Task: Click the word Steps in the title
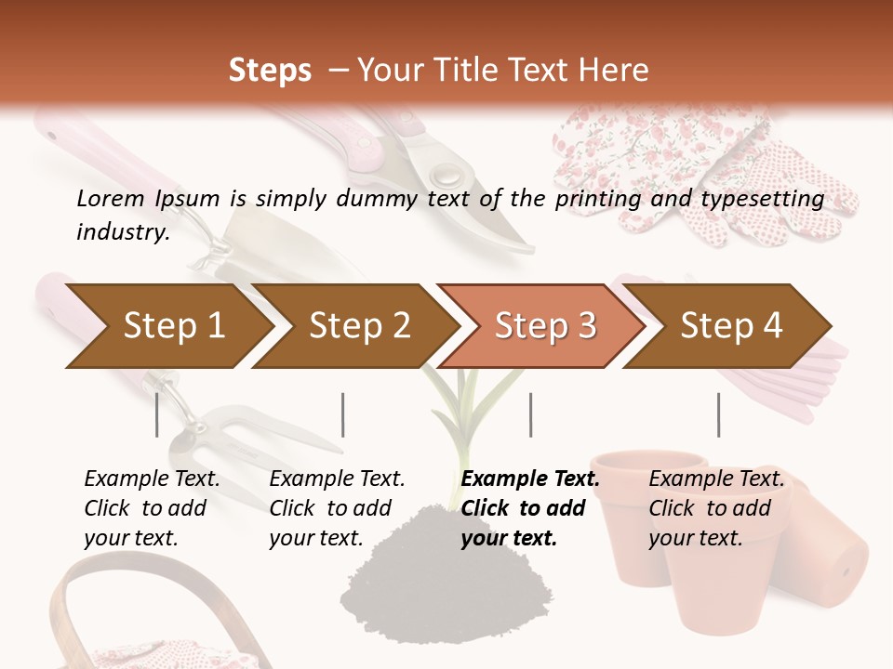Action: pyautogui.click(x=270, y=71)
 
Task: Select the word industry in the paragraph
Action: pyautogui.click(x=123, y=232)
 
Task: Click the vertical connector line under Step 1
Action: pyautogui.click(x=157, y=414)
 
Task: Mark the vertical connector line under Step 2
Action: pyautogui.click(x=343, y=414)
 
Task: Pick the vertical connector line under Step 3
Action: pyautogui.click(x=530, y=414)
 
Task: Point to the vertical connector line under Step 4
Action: pyautogui.click(x=718, y=414)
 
